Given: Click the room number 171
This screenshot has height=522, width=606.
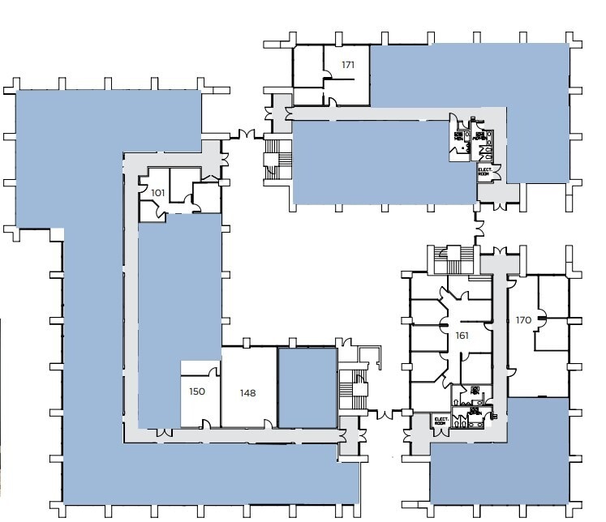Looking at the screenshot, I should [x=348, y=65].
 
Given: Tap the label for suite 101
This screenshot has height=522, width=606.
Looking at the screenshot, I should [x=157, y=193].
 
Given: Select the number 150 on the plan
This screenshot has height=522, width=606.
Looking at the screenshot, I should [x=198, y=391].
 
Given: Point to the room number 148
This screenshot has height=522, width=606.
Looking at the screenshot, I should [x=247, y=393].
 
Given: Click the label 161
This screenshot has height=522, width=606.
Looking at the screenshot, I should [x=463, y=334].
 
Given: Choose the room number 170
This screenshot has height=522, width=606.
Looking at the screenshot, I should [x=523, y=320].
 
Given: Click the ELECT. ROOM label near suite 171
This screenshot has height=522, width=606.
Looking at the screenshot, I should [x=484, y=172].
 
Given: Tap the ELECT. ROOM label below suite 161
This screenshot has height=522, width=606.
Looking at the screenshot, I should [x=441, y=421].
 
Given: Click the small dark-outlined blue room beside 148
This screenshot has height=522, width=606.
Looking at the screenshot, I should [x=307, y=387].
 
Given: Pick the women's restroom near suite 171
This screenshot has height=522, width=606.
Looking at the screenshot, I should [x=484, y=138].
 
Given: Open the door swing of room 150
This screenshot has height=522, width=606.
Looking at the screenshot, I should [x=214, y=371].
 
